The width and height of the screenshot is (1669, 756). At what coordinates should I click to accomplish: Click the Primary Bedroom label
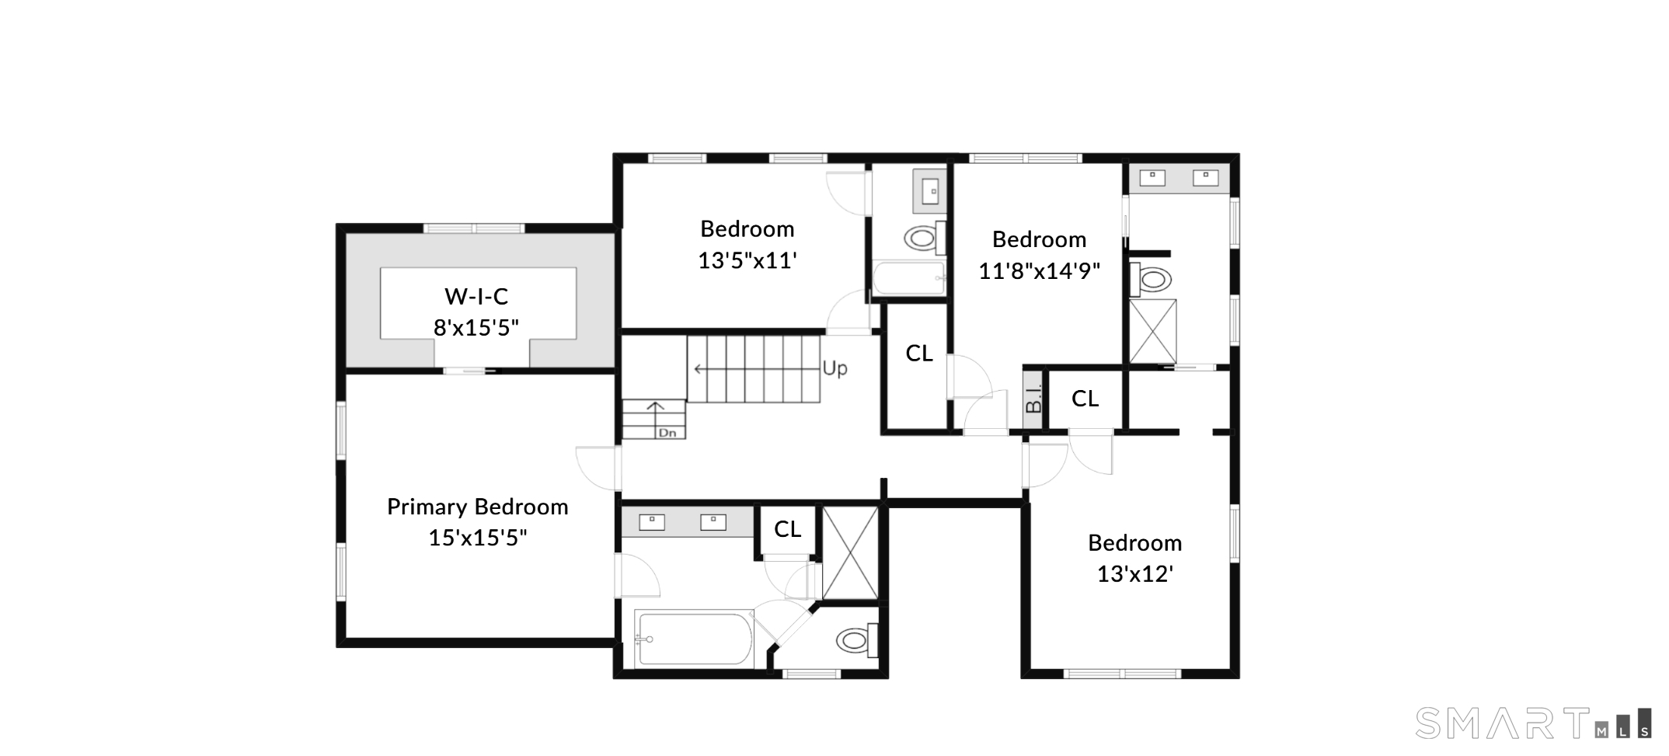click(478, 507)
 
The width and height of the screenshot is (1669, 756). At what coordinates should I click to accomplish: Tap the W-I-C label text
click(476, 296)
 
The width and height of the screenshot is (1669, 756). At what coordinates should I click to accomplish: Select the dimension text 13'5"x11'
click(747, 260)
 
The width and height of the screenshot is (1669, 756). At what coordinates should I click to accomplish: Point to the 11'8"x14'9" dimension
click(1039, 271)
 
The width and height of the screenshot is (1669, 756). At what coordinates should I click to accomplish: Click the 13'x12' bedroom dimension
click(1134, 574)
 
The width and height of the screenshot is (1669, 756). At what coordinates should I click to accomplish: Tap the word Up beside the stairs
click(835, 368)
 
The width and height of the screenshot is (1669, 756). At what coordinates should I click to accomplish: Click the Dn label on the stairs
click(667, 433)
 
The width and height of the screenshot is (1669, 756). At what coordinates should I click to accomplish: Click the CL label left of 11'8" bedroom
click(919, 354)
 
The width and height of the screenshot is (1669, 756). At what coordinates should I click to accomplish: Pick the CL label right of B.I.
click(1085, 399)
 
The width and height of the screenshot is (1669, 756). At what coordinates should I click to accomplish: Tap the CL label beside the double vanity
click(787, 529)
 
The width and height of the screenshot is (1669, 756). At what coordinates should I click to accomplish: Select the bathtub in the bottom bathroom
click(693, 639)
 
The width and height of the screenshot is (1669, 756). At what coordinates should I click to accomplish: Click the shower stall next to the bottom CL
click(851, 553)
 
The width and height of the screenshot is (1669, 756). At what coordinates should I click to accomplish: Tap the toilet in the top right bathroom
click(1151, 279)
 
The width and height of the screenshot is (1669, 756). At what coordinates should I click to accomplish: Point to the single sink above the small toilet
click(930, 190)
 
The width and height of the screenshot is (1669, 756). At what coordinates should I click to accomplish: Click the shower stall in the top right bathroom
click(1153, 331)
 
